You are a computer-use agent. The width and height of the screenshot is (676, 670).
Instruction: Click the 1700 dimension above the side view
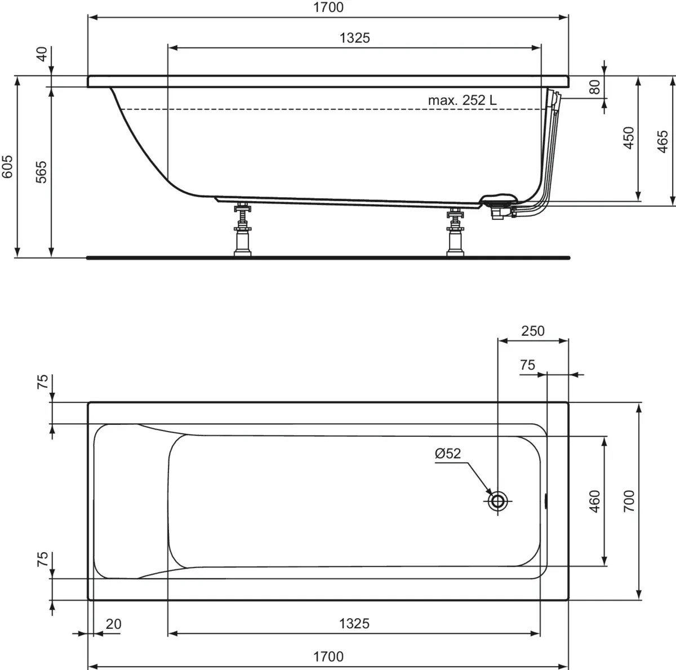click(x=328, y=7)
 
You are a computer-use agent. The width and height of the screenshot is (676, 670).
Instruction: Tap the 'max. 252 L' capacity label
click(x=462, y=101)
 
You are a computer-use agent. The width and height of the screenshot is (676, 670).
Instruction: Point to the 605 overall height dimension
click(x=7, y=167)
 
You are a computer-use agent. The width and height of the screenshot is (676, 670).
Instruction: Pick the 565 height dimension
click(x=41, y=172)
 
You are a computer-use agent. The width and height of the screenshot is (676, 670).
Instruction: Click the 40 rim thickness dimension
click(x=41, y=55)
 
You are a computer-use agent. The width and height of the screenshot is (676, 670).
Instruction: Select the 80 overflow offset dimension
click(x=594, y=87)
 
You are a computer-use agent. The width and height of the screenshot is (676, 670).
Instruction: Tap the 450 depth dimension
click(x=629, y=138)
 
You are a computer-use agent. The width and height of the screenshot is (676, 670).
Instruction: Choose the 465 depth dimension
click(x=662, y=141)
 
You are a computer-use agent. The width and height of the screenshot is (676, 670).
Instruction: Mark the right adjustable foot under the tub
click(x=455, y=231)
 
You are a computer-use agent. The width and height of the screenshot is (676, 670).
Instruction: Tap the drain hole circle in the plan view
click(x=498, y=500)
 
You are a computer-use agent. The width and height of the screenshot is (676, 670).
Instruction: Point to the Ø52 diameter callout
click(x=448, y=454)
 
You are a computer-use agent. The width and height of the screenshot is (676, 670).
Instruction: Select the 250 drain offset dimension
click(x=532, y=331)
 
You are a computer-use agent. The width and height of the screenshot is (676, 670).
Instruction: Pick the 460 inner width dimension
click(x=595, y=501)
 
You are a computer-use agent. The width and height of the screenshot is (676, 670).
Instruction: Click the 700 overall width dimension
click(x=629, y=501)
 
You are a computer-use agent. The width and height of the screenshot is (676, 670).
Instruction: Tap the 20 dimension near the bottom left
click(x=114, y=624)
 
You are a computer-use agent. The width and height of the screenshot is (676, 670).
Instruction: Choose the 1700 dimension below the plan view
click(x=328, y=656)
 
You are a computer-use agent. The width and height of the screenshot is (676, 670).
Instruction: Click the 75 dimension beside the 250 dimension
click(x=527, y=365)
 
